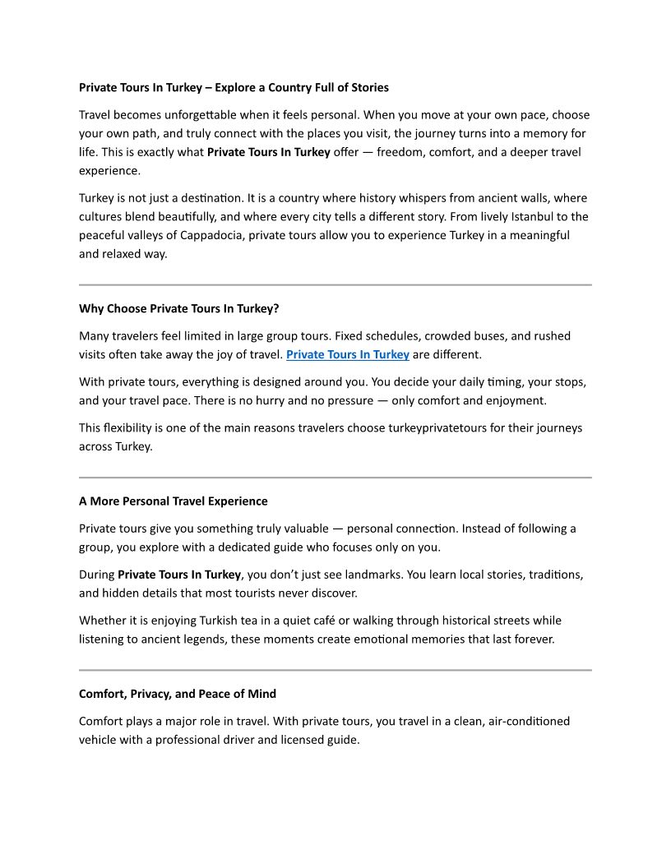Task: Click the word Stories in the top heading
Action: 368,87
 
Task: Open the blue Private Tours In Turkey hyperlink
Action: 348,355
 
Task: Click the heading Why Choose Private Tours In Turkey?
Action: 179,309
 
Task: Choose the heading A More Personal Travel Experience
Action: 174,501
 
